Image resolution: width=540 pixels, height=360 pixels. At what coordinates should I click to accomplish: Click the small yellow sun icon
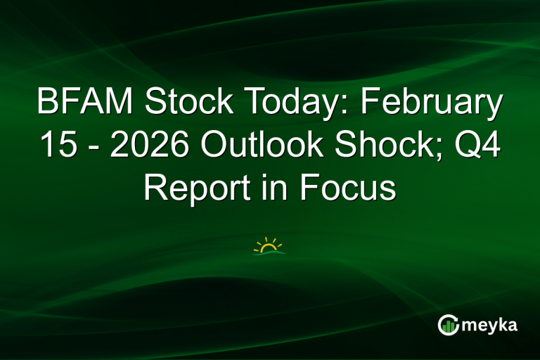[269, 246]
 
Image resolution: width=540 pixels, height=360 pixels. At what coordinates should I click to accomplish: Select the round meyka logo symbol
[448, 324]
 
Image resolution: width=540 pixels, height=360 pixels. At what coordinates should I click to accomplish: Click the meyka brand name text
[491, 326]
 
